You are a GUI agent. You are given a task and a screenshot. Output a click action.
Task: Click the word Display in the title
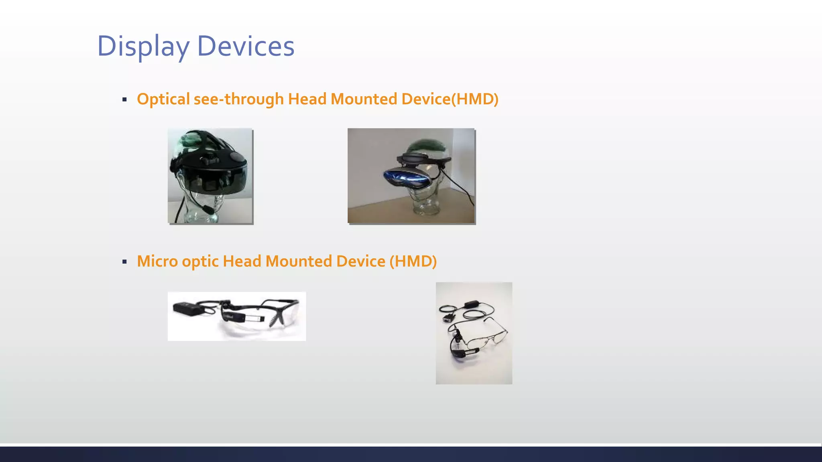pos(143,46)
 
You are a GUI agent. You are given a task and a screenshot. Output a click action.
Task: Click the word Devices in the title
pos(246,46)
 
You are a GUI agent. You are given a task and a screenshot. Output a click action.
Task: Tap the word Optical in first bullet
pos(163,99)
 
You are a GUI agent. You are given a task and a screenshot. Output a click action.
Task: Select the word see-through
pos(239,99)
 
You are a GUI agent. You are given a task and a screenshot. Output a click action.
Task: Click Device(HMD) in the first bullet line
pos(450,99)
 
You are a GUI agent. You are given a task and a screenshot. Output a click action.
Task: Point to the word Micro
pos(157,261)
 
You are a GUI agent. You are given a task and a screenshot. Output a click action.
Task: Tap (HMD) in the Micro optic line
pos(413,261)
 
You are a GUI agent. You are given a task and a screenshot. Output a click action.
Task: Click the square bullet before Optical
pos(124,99)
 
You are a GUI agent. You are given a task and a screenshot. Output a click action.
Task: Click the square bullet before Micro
pos(124,262)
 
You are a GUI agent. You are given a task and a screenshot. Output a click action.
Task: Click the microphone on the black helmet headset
pos(207,209)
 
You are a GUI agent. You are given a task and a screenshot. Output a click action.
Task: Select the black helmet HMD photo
pos(210,176)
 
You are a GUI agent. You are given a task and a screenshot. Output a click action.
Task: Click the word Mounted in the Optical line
pos(364,99)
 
